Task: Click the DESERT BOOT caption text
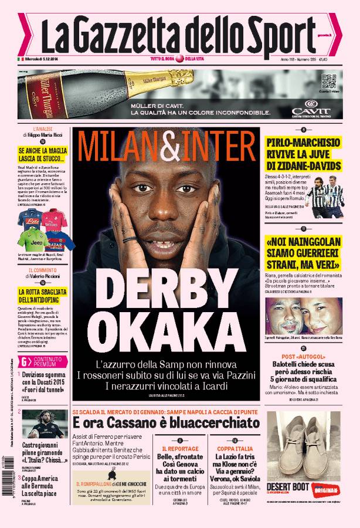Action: [285, 486]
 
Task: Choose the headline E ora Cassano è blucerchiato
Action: [166, 422]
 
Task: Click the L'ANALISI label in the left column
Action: [42, 128]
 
